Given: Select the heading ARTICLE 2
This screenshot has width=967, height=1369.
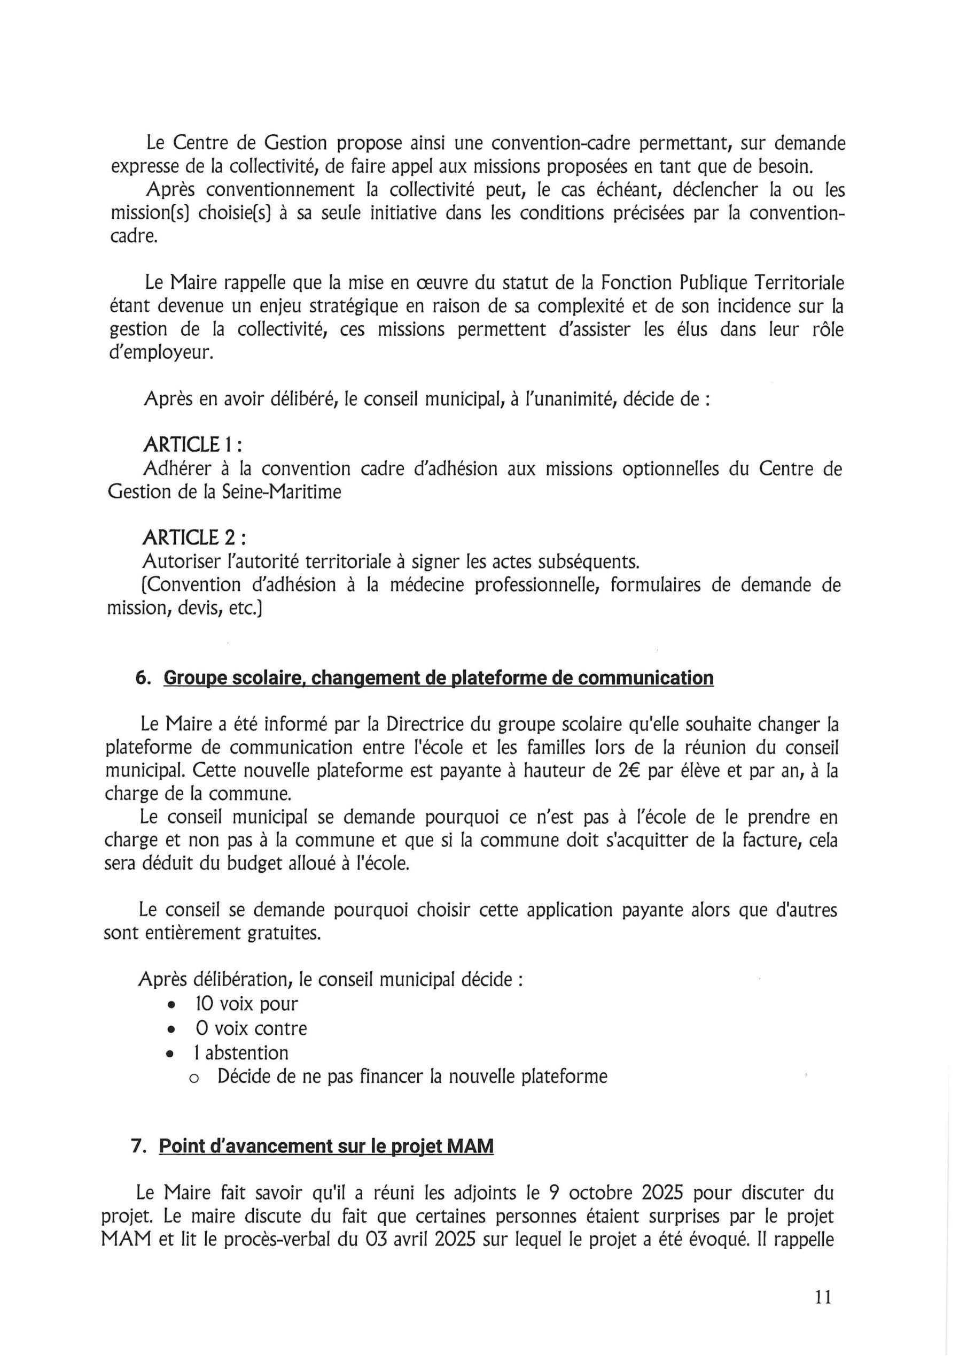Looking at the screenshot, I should [x=193, y=538].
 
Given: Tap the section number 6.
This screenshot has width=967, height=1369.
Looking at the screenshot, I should [x=143, y=678].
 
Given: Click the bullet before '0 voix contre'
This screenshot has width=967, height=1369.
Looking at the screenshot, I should [x=172, y=1029].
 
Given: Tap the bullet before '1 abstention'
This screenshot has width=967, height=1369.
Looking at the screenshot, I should [x=172, y=1054].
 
